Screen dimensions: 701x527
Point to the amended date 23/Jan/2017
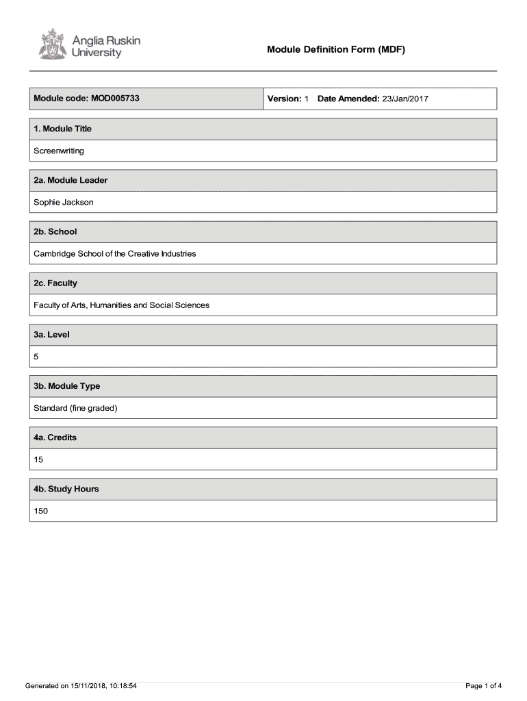405,99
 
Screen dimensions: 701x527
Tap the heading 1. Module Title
62,129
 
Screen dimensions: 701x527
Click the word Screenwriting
59,151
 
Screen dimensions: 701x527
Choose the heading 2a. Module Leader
70,180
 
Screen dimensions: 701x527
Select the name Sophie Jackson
64,202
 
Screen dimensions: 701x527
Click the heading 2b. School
55,231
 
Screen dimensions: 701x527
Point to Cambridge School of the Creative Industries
115,253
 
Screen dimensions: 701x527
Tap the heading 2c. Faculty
55,283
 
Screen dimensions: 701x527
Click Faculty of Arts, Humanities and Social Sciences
122,305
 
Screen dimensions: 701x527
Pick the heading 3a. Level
51,335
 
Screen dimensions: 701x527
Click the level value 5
36,357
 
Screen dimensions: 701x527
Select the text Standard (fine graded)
76,408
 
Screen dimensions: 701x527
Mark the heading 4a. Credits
55,437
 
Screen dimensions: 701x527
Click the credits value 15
38,459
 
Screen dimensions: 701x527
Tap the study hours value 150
41,511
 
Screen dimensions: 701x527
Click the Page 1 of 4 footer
483,685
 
